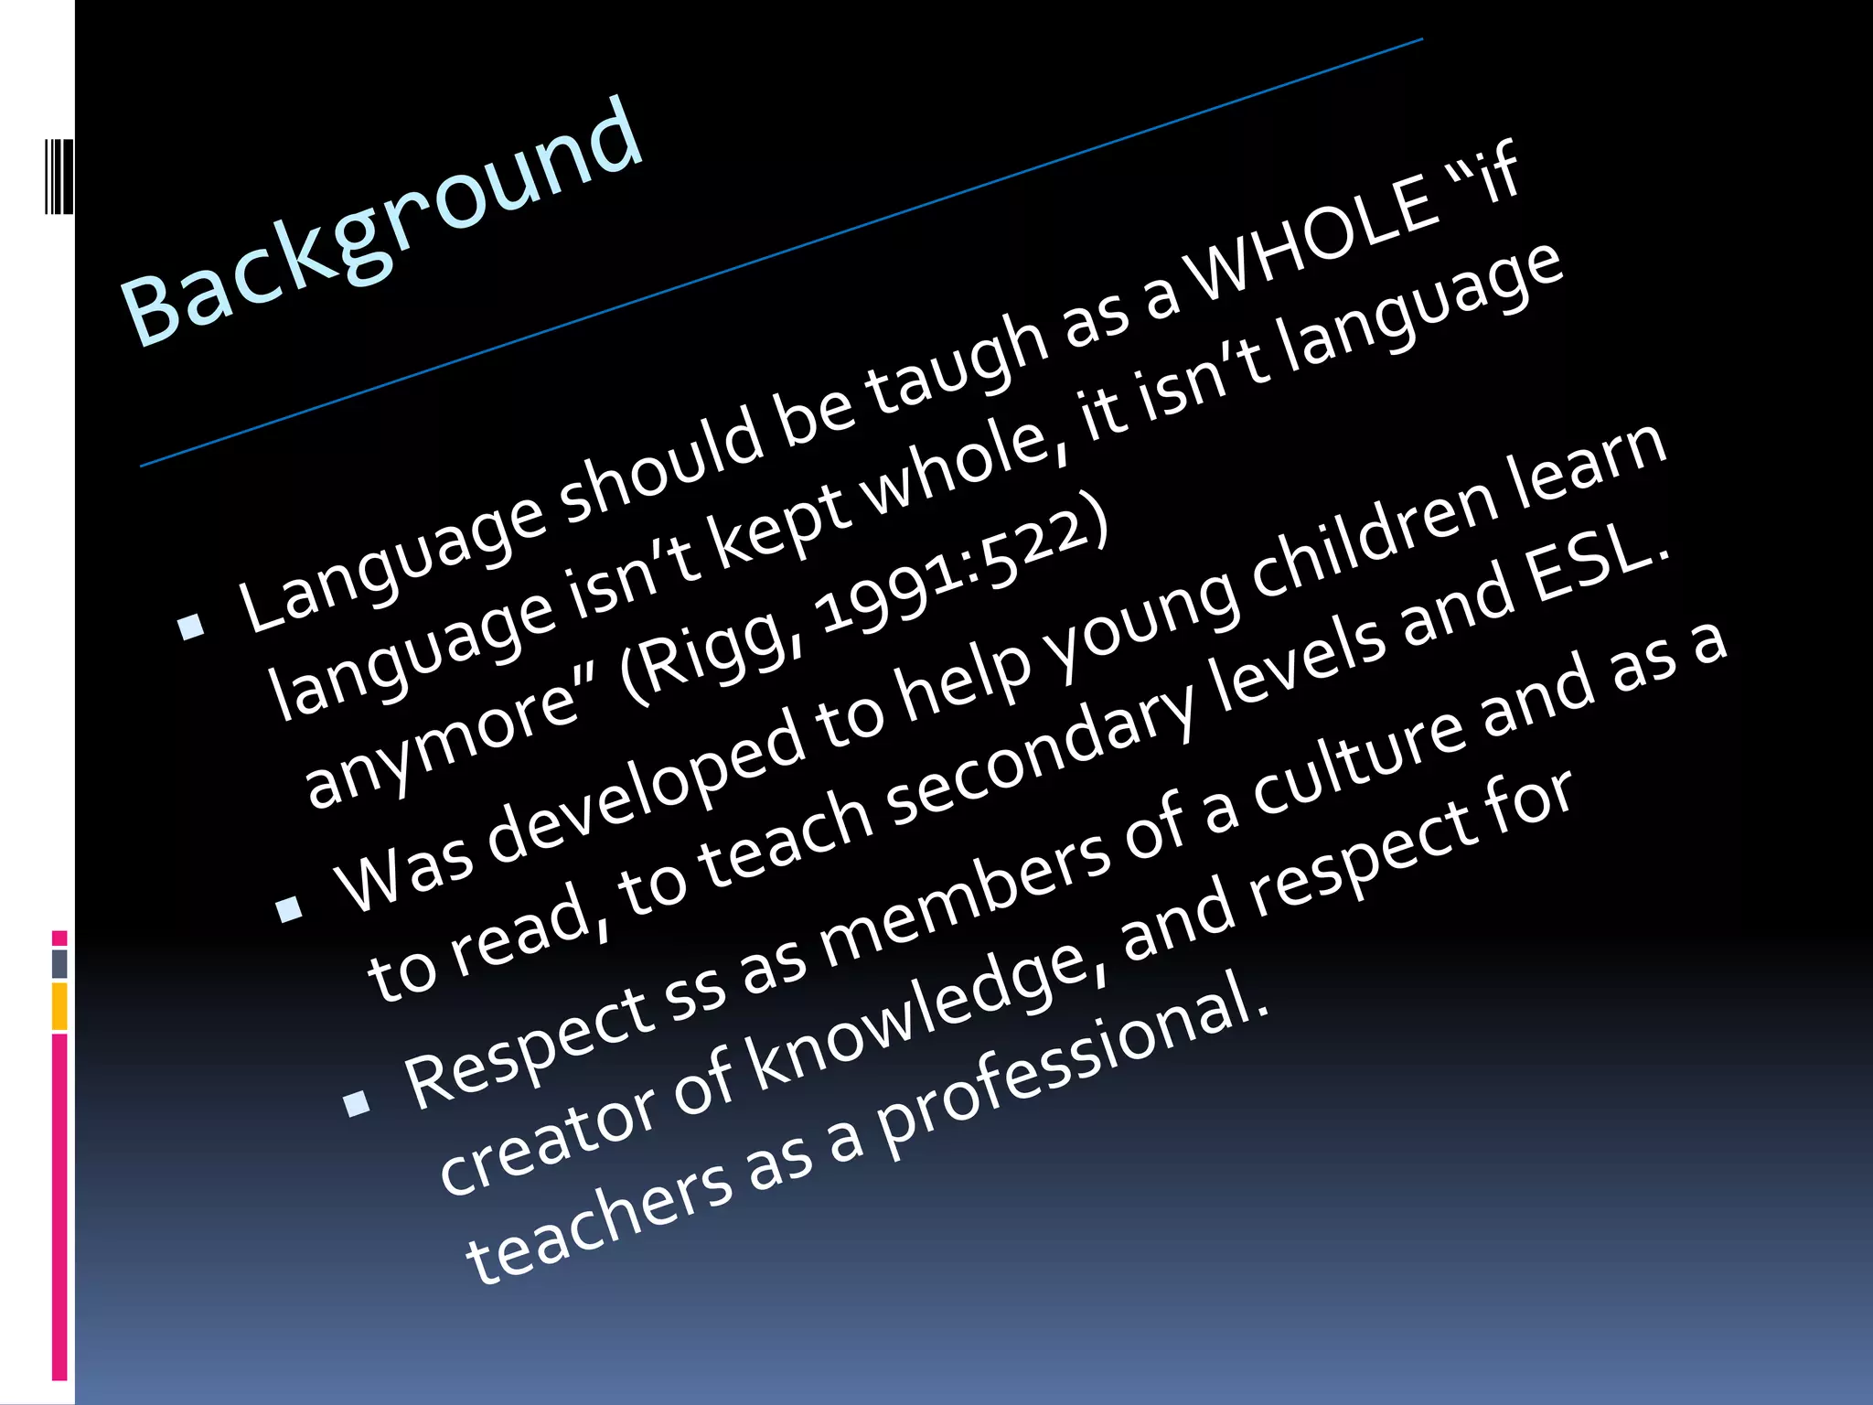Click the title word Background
pyautogui.click(x=382, y=222)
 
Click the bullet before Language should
pyautogui.click(x=191, y=627)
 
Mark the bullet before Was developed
pyautogui.click(x=289, y=908)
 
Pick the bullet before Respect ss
pyautogui.click(x=356, y=1103)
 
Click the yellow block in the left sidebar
pyautogui.click(x=59, y=1006)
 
